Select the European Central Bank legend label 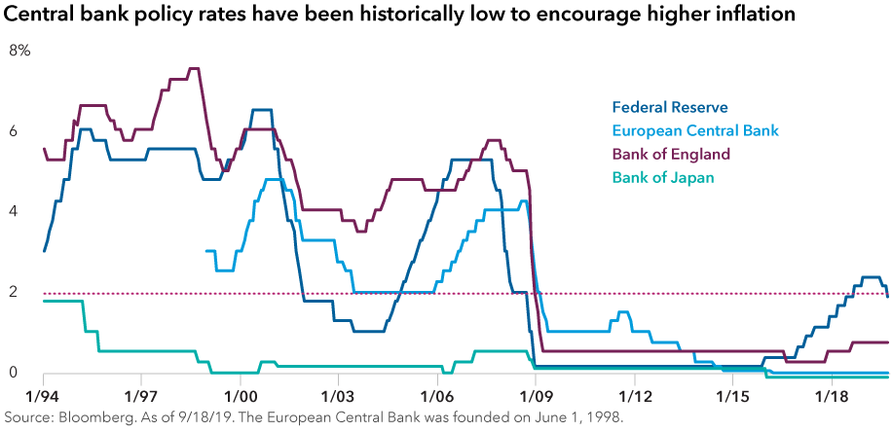(x=694, y=130)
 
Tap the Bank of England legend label (x=670, y=154)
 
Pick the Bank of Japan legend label (x=662, y=177)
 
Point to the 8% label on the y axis (x=19, y=51)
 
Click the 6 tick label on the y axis (x=14, y=130)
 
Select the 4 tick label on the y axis (x=14, y=211)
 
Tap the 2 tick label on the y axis (x=14, y=292)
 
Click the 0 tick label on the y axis (x=14, y=373)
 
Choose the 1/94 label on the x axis (x=44, y=397)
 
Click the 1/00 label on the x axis (x=241, y=397)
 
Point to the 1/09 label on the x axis (x=536, y=397)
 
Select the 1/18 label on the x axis (x=831, y=397)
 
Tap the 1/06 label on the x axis (x=437, y=397)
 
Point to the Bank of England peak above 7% (x=193, y=68)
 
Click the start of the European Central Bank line (x=206, y=251)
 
